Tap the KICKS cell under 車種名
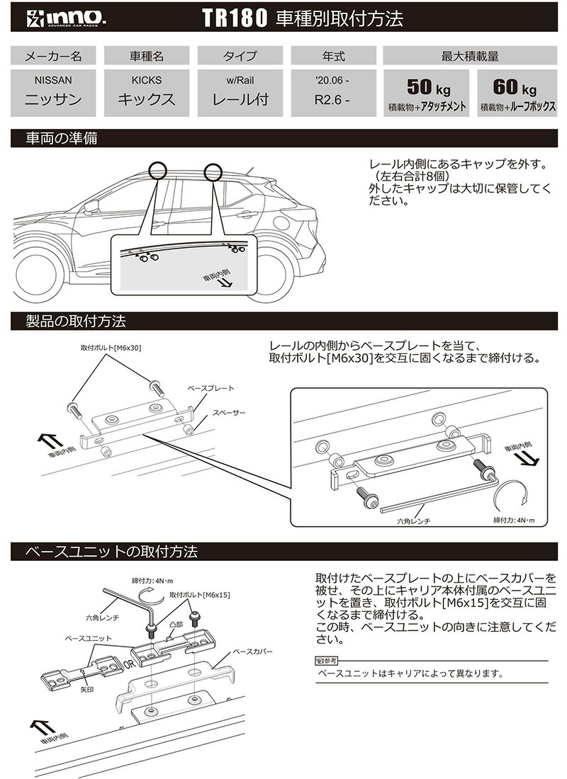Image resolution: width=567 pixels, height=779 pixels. [146, 91]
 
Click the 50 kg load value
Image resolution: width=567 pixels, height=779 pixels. [427, 88]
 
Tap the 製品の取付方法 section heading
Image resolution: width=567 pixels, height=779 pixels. [75, 321]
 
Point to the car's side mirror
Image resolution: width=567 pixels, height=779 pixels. [90, 207]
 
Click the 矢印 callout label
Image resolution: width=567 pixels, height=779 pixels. [87, 688]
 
